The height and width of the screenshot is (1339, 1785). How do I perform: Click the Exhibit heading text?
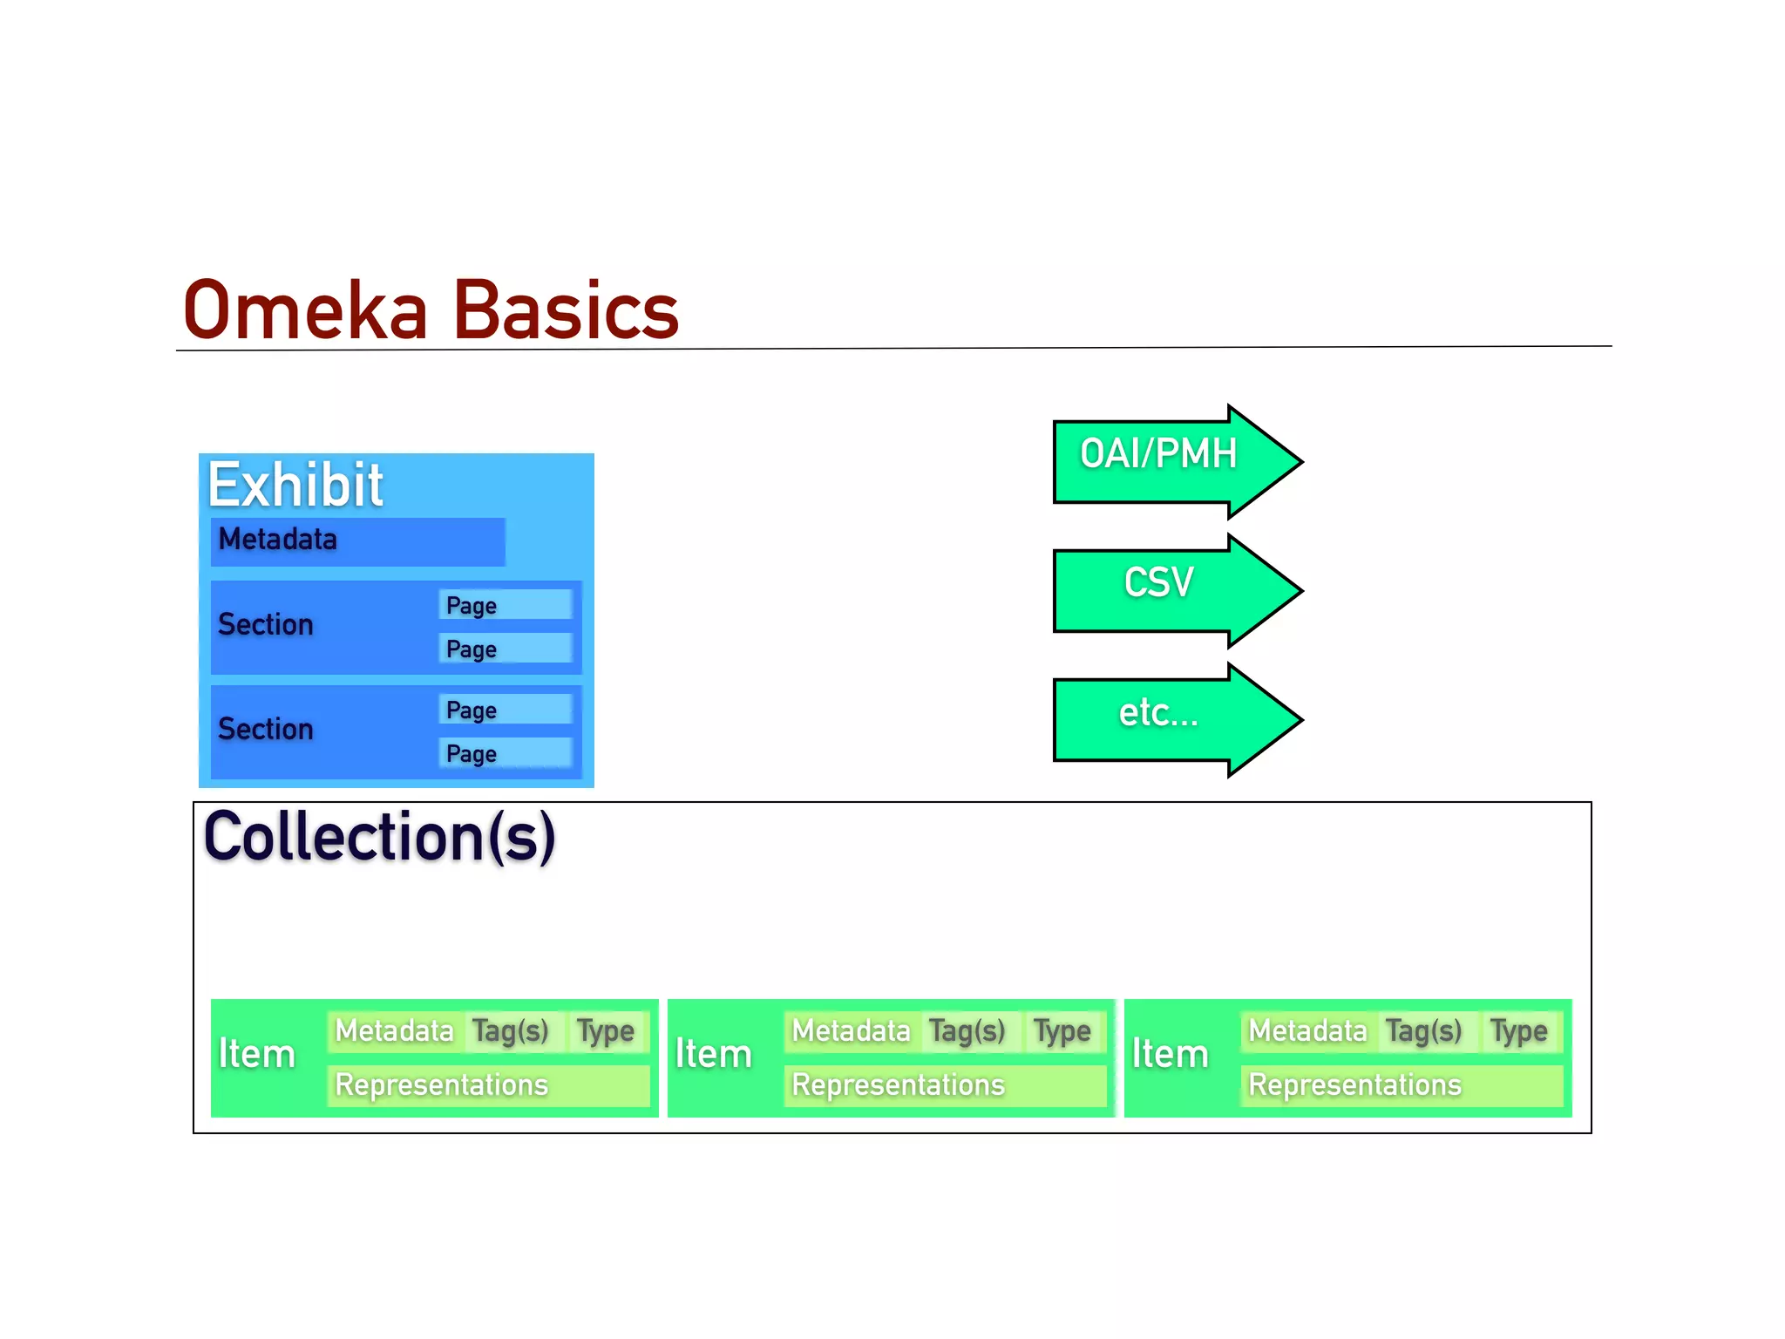click(295, 485)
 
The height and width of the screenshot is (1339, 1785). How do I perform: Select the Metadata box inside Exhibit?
click(357, 540)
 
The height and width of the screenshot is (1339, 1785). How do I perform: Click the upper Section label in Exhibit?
click(266, 625)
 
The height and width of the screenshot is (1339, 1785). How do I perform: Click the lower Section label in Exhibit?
click(266, 730)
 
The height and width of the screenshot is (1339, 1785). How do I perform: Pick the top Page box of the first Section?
click(505, 605)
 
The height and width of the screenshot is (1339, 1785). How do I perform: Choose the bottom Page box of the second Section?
click(505, 753)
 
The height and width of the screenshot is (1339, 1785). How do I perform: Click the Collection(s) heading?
click(379, 837)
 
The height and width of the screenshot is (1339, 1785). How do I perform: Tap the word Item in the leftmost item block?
click(257, 1054)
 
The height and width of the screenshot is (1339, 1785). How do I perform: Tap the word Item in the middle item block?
click(714, 1054)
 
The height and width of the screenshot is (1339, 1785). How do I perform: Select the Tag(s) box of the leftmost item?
click(512, 1031)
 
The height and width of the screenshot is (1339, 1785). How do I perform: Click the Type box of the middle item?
click(1062, 1031)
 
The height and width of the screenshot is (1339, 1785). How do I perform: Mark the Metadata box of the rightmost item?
click(1307, 1031)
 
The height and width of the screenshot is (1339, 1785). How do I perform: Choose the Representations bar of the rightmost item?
click(1401, 1085)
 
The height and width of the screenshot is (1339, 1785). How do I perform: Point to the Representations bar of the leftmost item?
click(488, 1085)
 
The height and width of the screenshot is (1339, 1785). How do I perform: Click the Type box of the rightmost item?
click(1519, 1031)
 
